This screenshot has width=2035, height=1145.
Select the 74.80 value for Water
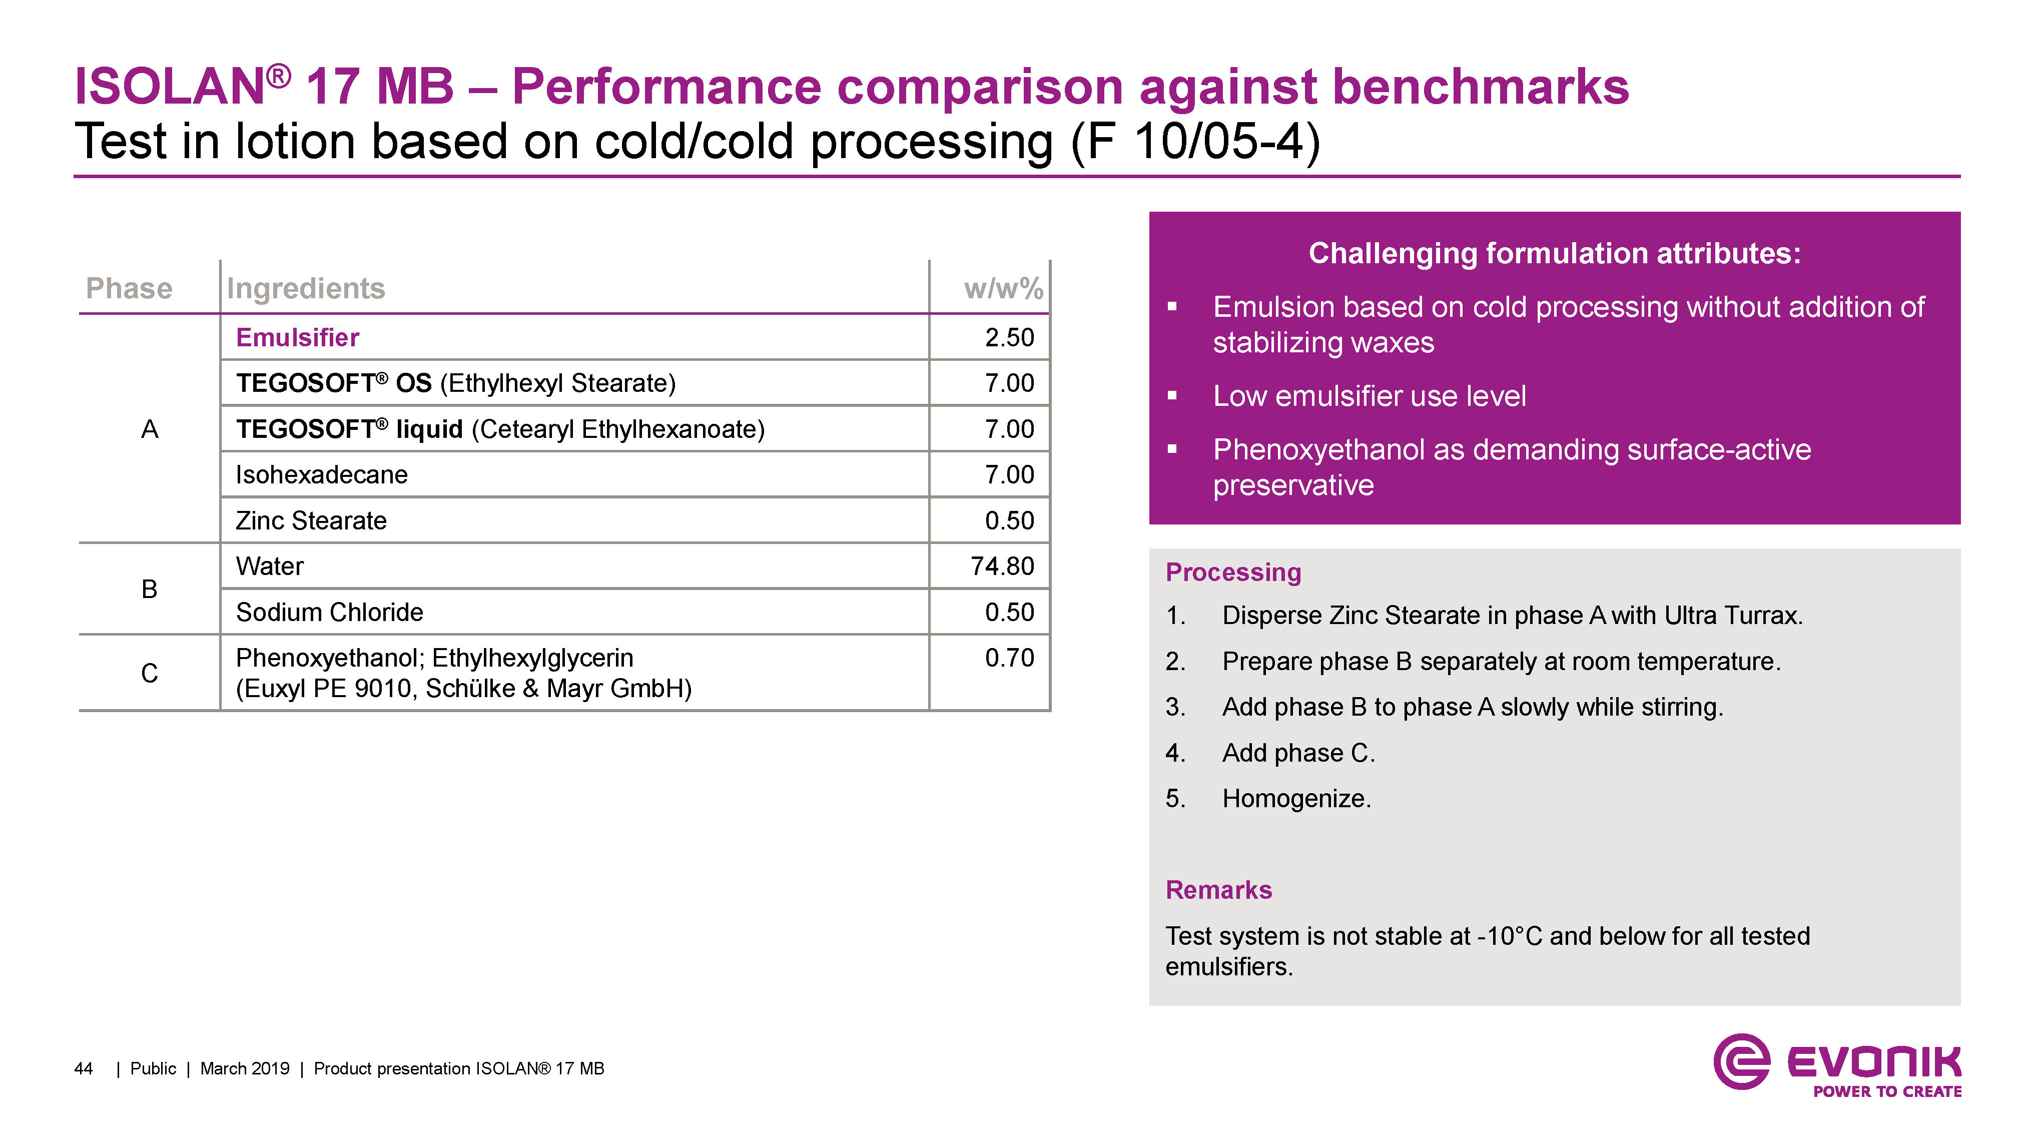point(1002,566)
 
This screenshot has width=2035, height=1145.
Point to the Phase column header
point(129,288)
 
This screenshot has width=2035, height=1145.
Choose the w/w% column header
point(1003,288)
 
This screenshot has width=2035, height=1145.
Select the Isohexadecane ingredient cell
point(322,475)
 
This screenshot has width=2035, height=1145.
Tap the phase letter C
point(149,673)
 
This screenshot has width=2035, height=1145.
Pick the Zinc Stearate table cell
point(311,521)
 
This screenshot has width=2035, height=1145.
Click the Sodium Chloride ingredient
point(329,613)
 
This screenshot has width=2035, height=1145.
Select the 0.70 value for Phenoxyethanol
point(1009,658)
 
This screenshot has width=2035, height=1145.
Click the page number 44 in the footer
point(83,1068)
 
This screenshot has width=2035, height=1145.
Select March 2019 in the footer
point(245,1068)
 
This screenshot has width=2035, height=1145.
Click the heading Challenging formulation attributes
point(1554,254)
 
